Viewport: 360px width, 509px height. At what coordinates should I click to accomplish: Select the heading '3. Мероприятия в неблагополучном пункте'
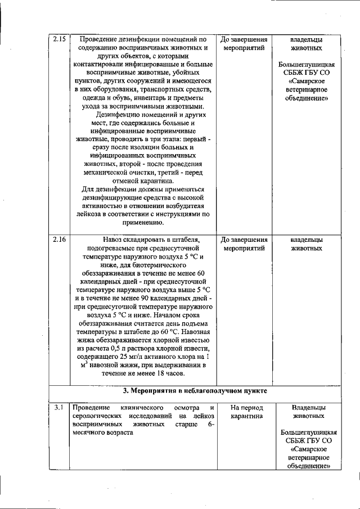tap(195, 390)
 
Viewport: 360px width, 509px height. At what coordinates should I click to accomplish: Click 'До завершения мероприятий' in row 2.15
tap(244, 44)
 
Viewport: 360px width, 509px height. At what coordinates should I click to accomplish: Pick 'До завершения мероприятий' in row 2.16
tap(244, 244)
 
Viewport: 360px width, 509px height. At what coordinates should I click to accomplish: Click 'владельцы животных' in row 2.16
tap(307, 244)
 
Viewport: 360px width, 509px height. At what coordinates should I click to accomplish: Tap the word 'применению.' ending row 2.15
tap(143, 223)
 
